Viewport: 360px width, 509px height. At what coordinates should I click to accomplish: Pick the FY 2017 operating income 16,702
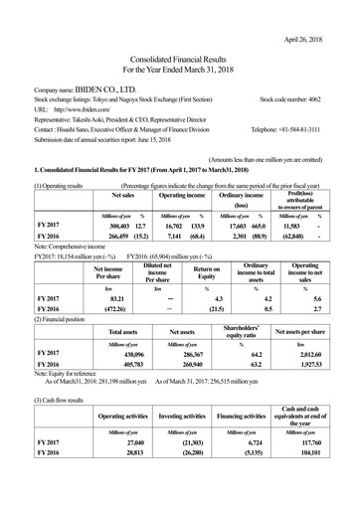pyautogui.click(x=175, y=227)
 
